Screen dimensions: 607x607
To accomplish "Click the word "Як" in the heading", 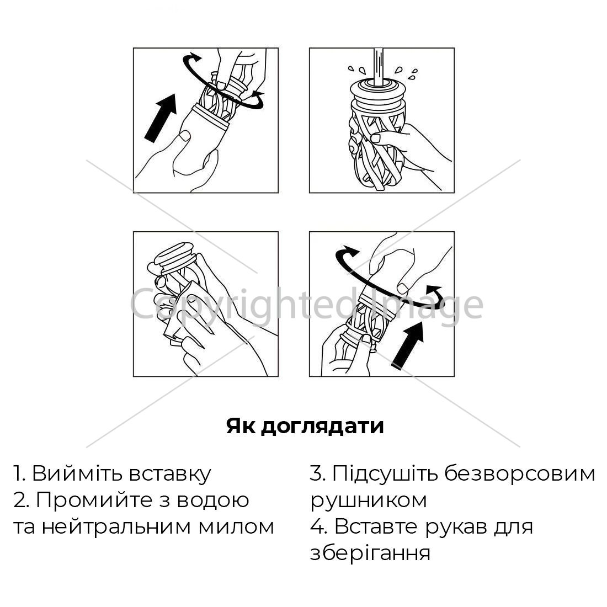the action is [x=241, y=425].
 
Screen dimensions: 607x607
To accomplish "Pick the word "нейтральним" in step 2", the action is [x=116, y=527].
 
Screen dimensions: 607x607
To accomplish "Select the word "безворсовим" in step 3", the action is [x=519, y=474].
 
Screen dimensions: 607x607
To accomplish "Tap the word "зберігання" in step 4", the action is [x=370, y=553].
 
